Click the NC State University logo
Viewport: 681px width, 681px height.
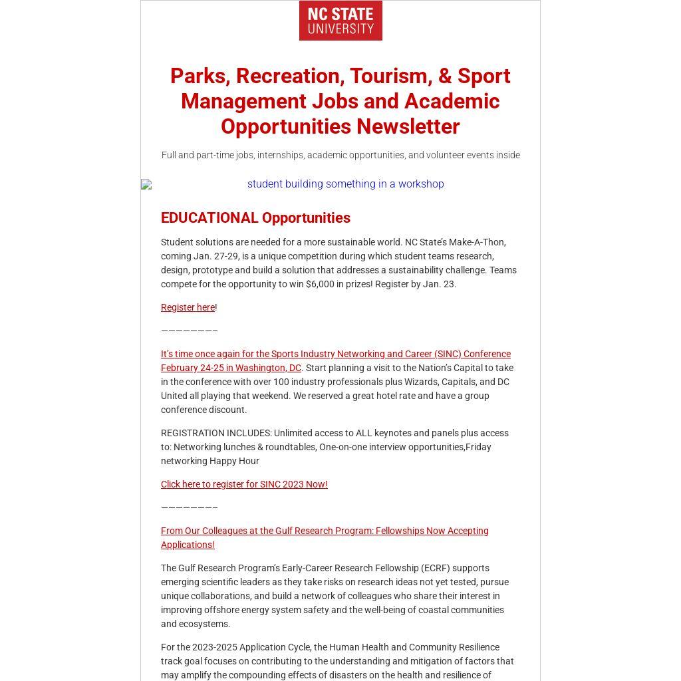click(340, 21)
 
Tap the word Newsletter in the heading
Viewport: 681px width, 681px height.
click(408, 126)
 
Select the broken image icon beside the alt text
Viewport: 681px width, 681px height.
click(146, 184)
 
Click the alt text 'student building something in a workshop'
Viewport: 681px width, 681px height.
click(345, 184)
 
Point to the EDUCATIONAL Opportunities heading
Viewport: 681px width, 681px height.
click(255, 218)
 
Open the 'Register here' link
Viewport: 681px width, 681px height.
click(188, 307)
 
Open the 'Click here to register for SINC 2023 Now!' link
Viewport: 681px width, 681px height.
click(244, 484)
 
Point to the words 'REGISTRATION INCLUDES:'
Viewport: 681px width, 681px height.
click(216, 433)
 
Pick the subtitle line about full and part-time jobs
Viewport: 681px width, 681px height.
click(340, 155)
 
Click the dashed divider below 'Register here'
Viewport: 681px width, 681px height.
click(189, 331)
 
